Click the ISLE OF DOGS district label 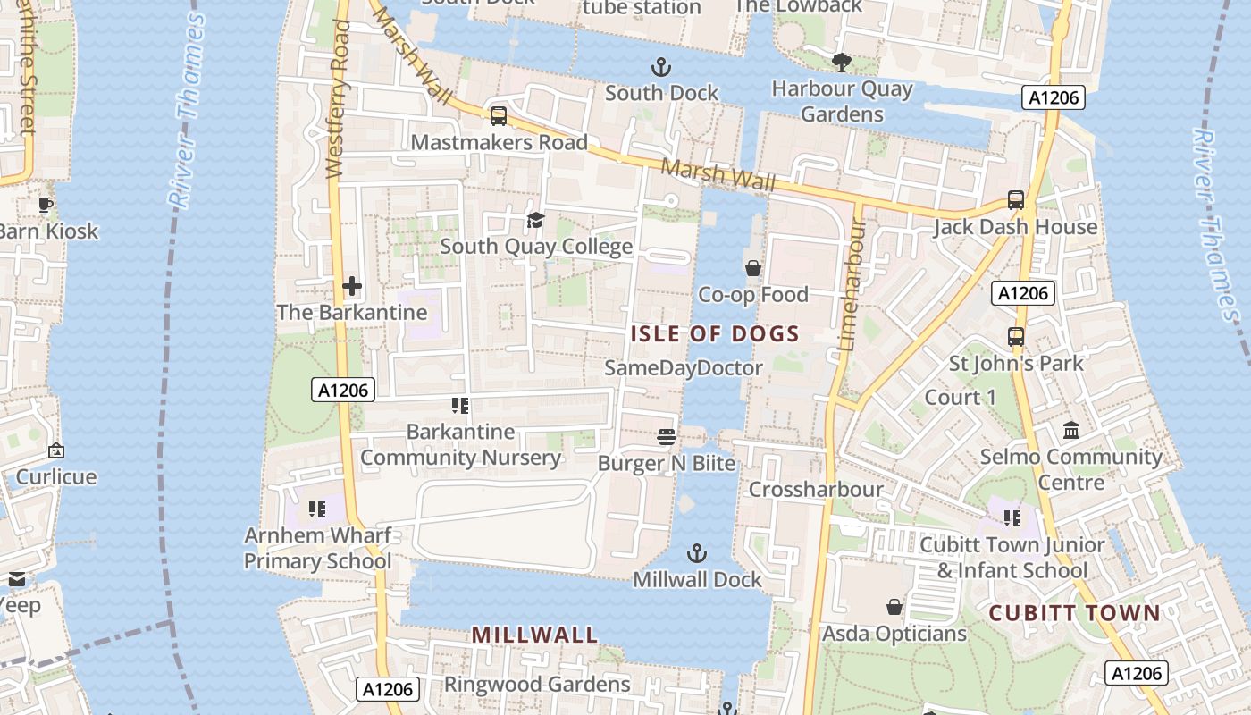tap(715, 334)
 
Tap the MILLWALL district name tap(534, 635)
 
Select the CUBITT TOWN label tap(1074, 613)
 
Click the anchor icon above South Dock tap(661, 67)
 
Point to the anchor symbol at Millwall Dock tap(696, 553)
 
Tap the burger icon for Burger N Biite tap(667, 436)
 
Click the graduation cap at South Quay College tap(535, 220)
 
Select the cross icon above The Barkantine tap(352, 286)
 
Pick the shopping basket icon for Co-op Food tap(753, 268)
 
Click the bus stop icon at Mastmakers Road tap(499, 115)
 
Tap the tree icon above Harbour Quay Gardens tap(841, 63)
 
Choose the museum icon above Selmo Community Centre tap(1071, 431)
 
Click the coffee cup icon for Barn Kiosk tap(46, 205)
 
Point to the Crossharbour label tap(816, 490)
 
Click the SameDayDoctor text tap(684, 368)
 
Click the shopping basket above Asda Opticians tap(894, 608)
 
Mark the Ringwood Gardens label tap(537, 685)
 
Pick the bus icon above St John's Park tap(1016, 337)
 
